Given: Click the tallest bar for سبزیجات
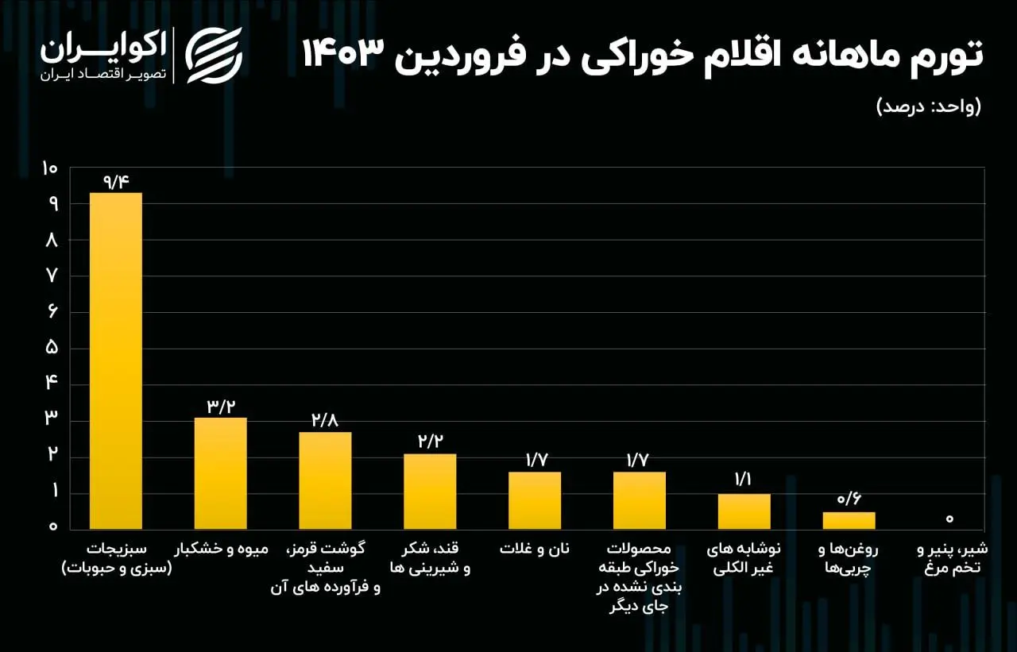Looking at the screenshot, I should pyautogui.click(x=116, y=361).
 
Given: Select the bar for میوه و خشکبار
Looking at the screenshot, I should pyautogui.click(x=221, y=473).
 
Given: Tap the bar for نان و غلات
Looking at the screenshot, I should pyautogui.click(x=535, y=500).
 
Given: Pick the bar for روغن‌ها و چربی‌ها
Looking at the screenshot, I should pyautogui.click(x=849, y=521).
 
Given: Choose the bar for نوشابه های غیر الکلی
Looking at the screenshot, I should pyautogui.click(x=744, y=511).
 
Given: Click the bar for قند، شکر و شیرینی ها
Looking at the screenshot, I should pyautogui.click(x=430, y=492).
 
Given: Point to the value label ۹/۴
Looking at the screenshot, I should pyautogui.click(x=116, y=181).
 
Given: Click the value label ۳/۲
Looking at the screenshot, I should pyautogui.click(x=222, y=407).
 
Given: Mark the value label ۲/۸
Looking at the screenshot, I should pyautogui.click(x=326, y=421).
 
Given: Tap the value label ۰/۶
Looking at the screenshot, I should pyautogui.click(x=849, y=500).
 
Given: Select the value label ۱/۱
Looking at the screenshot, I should pyautogui.click(x=744, y=481).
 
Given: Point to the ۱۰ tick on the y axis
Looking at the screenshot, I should pyautogui.click(x=50, y=168).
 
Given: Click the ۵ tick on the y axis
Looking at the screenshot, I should pyautogui.click(x=52, y=348).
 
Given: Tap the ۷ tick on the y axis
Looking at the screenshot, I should pyautogui.click(x=52, y=276).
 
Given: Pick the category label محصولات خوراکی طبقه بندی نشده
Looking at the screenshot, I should pyautogui.click(x=639, y=577).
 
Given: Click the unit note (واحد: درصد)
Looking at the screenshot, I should pyautogui.click(x=929, y=106).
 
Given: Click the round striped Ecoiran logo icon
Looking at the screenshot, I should pyautogui.click(x=214, y=55).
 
